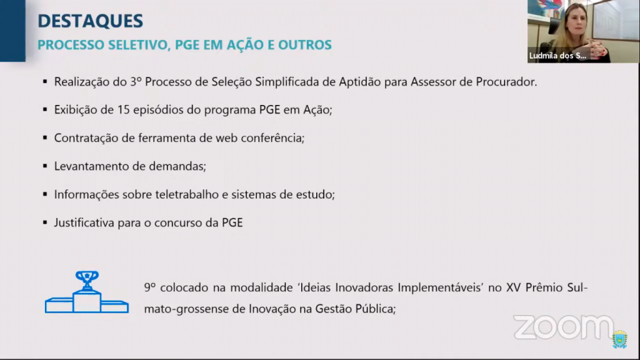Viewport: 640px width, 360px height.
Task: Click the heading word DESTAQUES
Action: pos(90,21)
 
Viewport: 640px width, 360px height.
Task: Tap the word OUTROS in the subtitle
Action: pos(305,44)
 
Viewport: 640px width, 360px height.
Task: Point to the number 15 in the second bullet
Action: pos(124,109)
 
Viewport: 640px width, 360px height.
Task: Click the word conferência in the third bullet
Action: pos(272,138)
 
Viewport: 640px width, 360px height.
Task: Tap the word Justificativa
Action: pos(84,222)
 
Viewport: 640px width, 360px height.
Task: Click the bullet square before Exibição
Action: pos(45,109)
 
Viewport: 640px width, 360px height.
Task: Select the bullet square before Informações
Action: pos(45,194)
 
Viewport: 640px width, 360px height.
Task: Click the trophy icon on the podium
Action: pos(87,281)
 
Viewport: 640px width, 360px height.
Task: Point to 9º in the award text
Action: pos(150,287)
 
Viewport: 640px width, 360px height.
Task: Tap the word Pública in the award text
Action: pos(375,309)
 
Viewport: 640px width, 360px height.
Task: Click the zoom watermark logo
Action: pos(563,327)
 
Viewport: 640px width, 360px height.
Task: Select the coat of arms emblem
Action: pos(619,339)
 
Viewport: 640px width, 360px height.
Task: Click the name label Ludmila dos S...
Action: pos(557,56)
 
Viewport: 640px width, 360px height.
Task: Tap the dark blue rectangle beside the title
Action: pos(12,31)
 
